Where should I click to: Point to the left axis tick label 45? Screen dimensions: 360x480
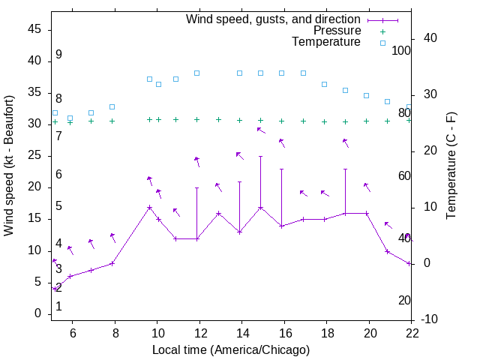(34, 29)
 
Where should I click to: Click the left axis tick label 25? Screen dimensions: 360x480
(34, 155)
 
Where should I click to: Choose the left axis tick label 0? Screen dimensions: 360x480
(37, 313)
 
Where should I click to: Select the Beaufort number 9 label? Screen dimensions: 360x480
(58, 55)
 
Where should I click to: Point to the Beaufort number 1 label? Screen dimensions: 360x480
(58, 306)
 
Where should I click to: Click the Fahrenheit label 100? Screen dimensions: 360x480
(402, 51)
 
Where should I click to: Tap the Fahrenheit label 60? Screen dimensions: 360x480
(404, 175)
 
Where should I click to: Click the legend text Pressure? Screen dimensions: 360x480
(337, 31)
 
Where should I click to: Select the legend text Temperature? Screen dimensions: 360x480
(326, 42)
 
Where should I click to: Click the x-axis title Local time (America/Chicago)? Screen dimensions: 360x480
(231, 349)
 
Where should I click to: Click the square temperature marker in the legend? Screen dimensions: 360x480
(382, 43)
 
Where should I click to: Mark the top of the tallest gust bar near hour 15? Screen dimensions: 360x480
(260, 157)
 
